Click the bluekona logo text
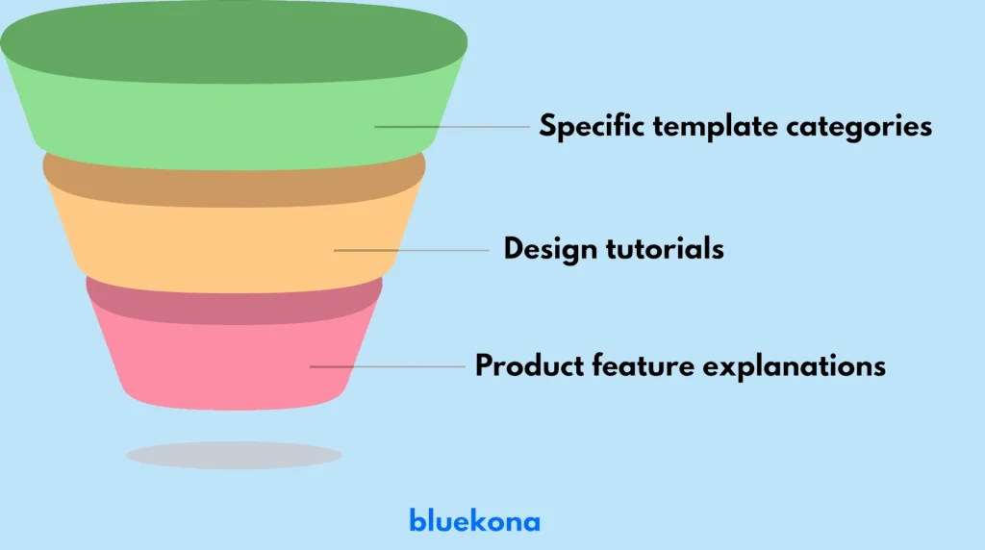(474, 521)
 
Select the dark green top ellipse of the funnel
(234, 43)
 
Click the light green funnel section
(192, 130)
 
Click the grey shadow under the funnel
(234, 455)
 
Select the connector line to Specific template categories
(452, 127)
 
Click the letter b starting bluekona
(417, 521)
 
